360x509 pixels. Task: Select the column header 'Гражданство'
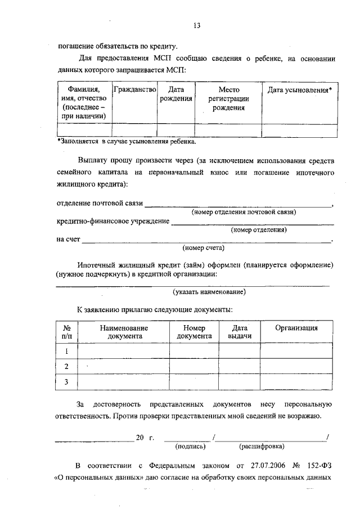tap(134, 90)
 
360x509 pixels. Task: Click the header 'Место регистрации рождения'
tap(228, 99)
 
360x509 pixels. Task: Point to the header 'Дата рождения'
tap(175, 94)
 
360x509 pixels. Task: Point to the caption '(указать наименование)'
tap(209, 291)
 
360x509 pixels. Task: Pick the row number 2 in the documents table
tap(66, 367)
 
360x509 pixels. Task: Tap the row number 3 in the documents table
tap(66, 382)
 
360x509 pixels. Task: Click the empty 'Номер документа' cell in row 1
tap(194, 351)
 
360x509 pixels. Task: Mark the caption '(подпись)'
tap(191, 447)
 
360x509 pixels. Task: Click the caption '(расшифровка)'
tap(262, 447)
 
